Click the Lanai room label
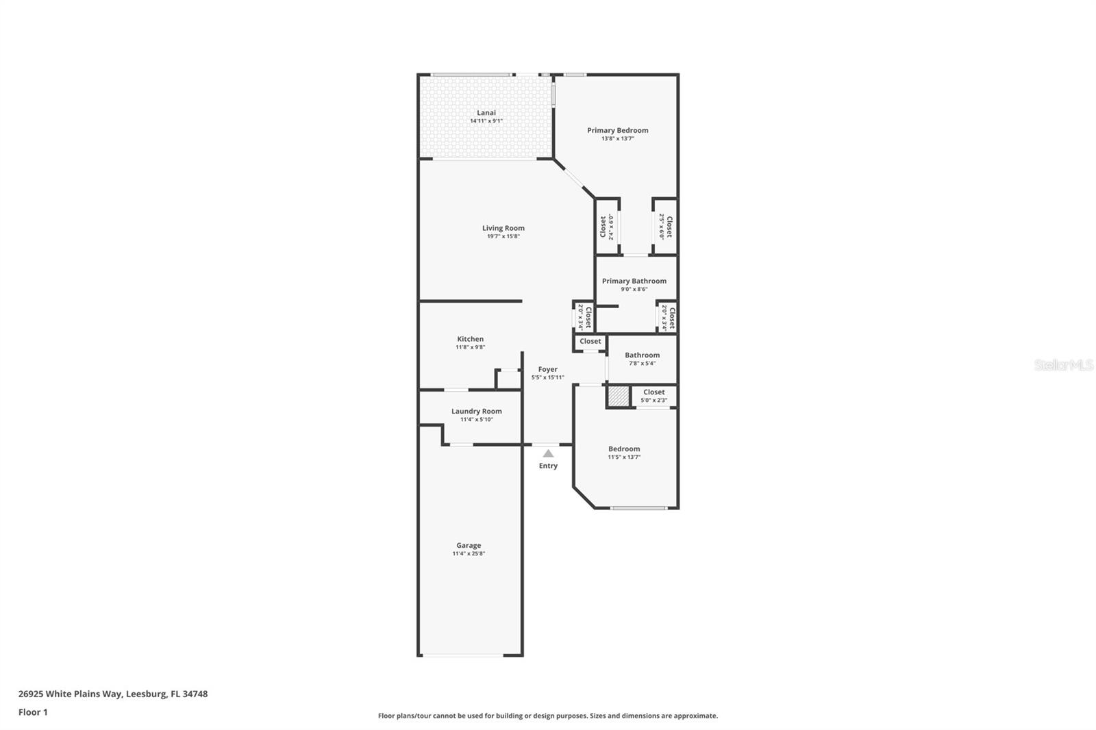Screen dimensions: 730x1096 coord(486,113)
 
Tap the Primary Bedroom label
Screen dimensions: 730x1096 coord(617,130)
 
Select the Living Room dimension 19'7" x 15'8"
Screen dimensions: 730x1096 coord(503,236)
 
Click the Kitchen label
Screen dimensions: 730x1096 coord(471,339)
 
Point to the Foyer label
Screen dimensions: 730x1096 coord(547,369)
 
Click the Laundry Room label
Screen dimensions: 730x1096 coord(476,411)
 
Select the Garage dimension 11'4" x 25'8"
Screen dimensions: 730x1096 coord(469,553)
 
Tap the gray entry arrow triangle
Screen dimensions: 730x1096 coord(548,453)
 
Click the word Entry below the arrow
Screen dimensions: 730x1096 coord(548,466)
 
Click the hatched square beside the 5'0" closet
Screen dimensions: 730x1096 coord(619,397)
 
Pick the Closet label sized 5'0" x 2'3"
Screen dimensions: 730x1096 coord(653,392)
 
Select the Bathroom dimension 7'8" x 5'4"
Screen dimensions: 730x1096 coord(642,363)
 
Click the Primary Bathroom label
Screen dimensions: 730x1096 coord(634,281)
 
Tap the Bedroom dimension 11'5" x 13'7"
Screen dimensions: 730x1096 coord(624,457)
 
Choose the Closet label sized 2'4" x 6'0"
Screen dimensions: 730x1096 coord(603,227)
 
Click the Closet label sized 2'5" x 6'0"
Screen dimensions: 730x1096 coord(669,227)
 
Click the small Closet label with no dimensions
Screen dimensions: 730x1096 coord(590,341)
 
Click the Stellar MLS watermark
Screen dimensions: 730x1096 coord(1063,366)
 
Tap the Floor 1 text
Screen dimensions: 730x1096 coord(33,712)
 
